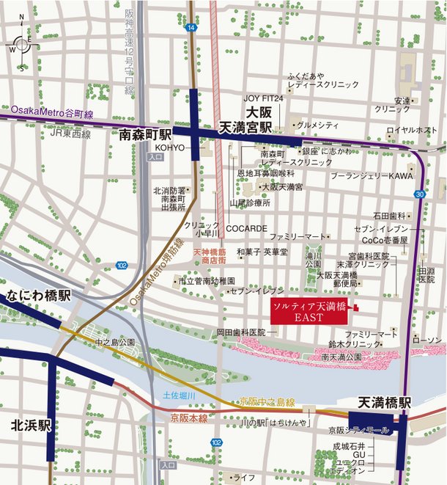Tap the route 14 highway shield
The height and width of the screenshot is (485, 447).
click(191, 27)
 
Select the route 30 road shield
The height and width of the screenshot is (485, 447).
click(419, 194)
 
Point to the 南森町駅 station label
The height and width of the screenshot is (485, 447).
click(145, 135)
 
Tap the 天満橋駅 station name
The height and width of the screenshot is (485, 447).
click(384, 403)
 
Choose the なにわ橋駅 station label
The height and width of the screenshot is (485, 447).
click(39, 296)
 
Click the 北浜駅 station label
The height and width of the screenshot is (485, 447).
click(30, 425)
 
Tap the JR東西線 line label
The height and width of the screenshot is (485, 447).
click(70, 134)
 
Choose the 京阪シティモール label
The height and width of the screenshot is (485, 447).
click(358, 431)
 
